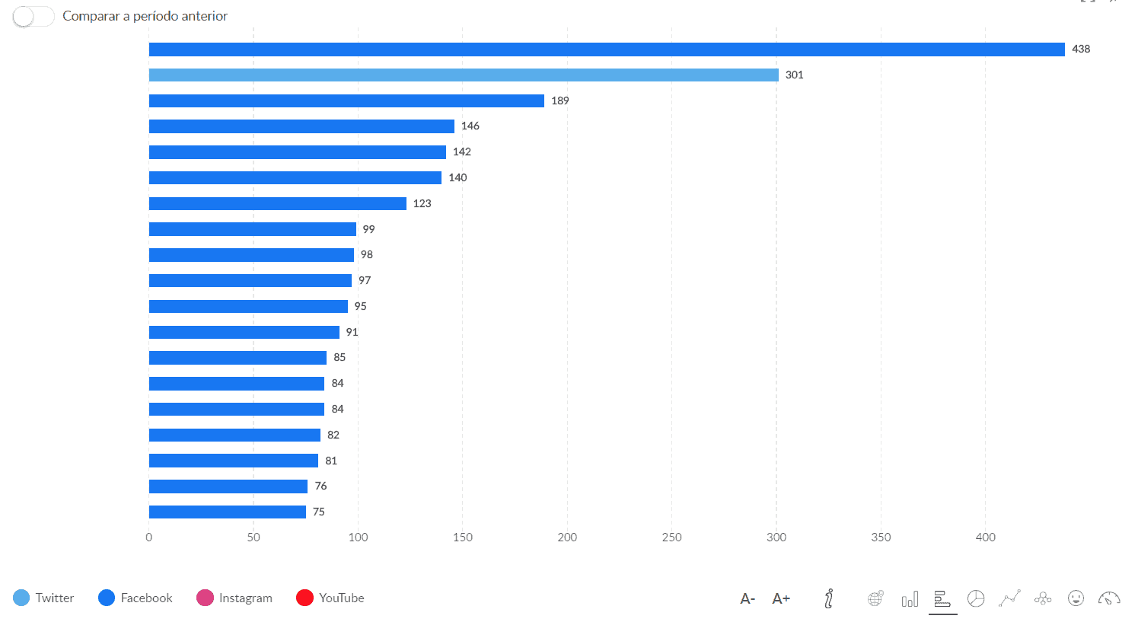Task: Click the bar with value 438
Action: pyautogui.click(x=606, y=49)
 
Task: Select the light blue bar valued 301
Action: pyautogui.click(x=463, y=75)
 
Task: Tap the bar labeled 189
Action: pyautogui.click(x=346, y=101)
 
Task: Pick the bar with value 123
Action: pyautogui.click(x=277, y=204)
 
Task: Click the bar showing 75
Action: pyautogui.click(x=227, y=512)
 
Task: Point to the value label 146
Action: pyautogui.click(x=470, y=126)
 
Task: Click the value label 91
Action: pyautogui.click(x=352, y=332)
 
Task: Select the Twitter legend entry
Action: pyautogui.click(x=43, y=598)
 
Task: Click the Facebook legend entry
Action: pyautogui.click(x=135, y=598)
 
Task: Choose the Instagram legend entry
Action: pyautogui.click(x=234, y=598)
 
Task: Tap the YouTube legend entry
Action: pyautogui.click(x=330, y=598)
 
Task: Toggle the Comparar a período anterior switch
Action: pyautogui.click(x=33, y=16)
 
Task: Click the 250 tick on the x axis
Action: pyautogui.click(x=671, y=537)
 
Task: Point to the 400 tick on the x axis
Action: pyautogui.click(x=985, y=537)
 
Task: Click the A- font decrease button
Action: pyautogui.click(x=748, y=598)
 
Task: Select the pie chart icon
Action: pyautogui.click(x=976, y=598)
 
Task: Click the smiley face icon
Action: pyautogui.click(x=1076, y=598)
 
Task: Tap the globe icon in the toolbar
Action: pyautogui.click(x=875, y=598)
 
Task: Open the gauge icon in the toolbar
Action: pyautogui.click(x=1109, y=598)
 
